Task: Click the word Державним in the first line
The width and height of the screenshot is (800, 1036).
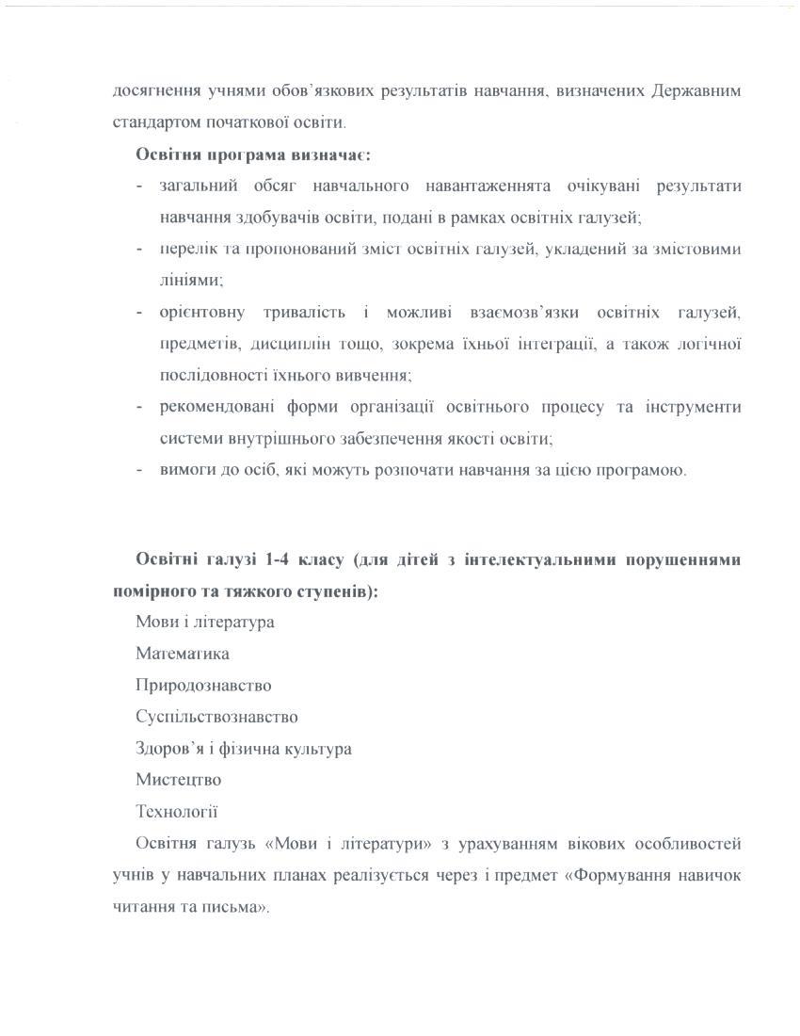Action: pos(695,91)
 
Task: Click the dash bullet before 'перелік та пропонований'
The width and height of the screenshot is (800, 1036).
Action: pos(139,250)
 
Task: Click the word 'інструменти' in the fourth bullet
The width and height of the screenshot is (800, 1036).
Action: pos(693,407)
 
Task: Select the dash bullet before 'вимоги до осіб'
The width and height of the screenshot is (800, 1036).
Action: pos(139,470)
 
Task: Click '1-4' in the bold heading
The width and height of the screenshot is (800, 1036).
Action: pos(276,559)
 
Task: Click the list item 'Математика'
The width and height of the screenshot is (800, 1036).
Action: pos(183,654)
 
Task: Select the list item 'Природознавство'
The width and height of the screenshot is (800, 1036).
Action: pos(203,686)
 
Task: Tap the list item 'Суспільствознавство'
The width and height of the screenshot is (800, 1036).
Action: pos(216,717)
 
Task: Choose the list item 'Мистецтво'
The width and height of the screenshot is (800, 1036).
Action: pos(179,780)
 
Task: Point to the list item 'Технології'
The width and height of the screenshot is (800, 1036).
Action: pos(177,812)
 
